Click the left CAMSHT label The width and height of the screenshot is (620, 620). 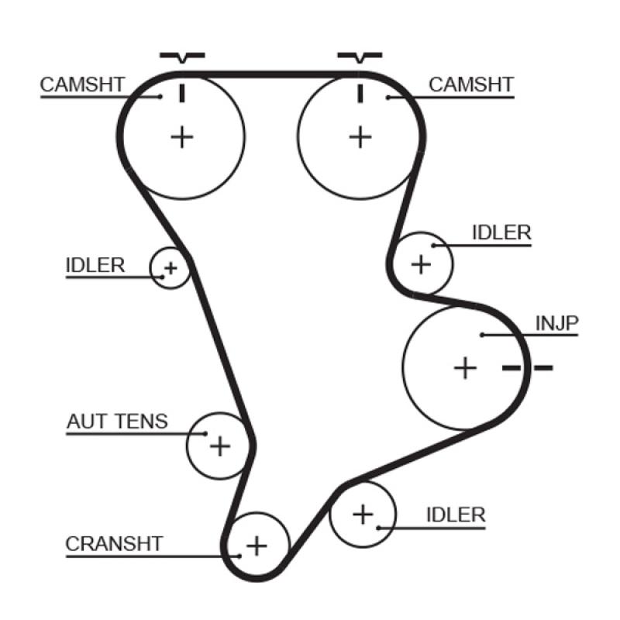click(x=82, y=84)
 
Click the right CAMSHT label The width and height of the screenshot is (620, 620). click(x=471, y=84)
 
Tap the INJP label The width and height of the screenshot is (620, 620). click(x=557, y=323)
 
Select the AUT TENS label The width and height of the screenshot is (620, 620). click(x=117, y=422)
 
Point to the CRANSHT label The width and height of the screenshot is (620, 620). click(x=115, y=544)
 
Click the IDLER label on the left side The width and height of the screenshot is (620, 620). click(x=95, y=265)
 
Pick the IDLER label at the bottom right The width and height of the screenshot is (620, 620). click(x=456, y=515)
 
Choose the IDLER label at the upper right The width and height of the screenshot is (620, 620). click(x=502, y=232)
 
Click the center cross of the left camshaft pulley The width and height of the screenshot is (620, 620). click(x=181, y=138)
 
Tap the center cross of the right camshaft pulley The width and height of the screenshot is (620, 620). click(x=360, y=138)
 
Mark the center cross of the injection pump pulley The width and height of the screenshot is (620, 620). click(x=465, y=367)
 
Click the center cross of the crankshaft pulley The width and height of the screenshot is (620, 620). click(x=256, y=546)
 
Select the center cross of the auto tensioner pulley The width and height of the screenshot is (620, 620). click(x=221, y=446)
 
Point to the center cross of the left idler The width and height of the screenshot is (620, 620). click(x=170, y=269)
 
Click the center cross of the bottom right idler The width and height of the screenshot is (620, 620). click(x=363, y=514)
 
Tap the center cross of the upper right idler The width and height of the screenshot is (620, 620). click(x=421, y=264)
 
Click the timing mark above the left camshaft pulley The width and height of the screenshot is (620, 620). click(x=182, y=56)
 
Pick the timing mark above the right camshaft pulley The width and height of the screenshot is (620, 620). click(x=360, y=56)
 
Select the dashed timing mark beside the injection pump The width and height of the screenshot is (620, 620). click(x=528, y=367)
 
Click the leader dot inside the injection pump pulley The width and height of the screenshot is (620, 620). click(x=482, y=335)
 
